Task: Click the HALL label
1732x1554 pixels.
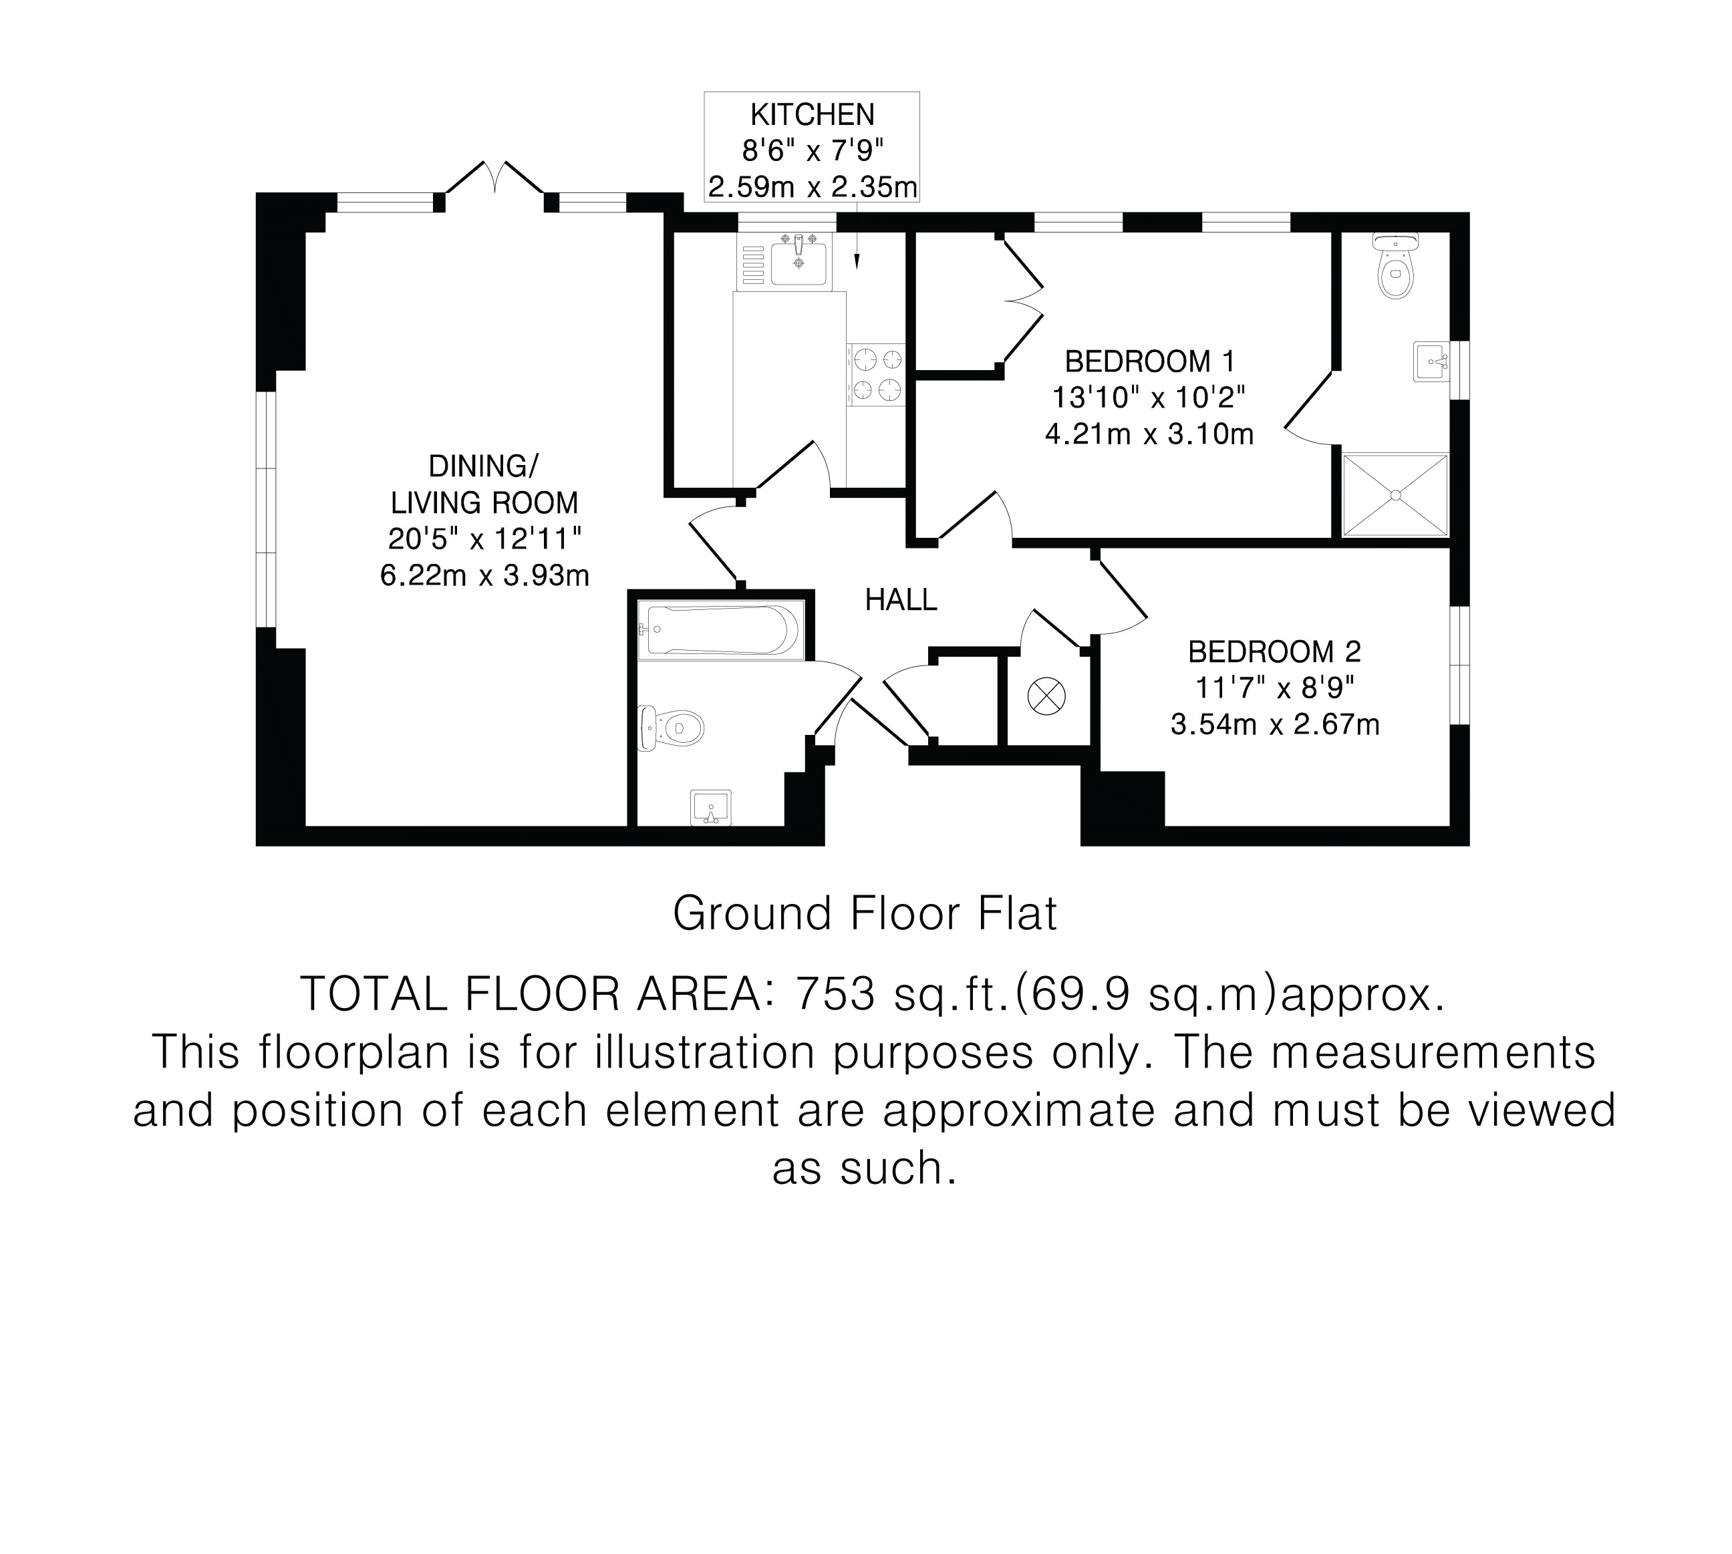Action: (x=901, y=600)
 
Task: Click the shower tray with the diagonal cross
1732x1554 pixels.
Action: (x=1395, y=494)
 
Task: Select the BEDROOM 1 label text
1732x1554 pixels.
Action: (x=1149, y=362)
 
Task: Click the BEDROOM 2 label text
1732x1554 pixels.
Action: (x=1274, y=652)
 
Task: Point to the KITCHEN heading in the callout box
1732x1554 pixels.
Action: (x=812, y=114)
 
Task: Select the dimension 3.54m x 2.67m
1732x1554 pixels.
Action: (x=1275, y=725)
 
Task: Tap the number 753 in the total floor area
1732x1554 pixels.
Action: (x=835, y=993)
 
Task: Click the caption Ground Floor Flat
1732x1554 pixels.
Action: (x=865, y=913)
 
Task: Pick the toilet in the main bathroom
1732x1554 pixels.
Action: (x=672, y=728)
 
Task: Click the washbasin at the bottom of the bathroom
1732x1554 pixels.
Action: (x=710, y=808)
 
